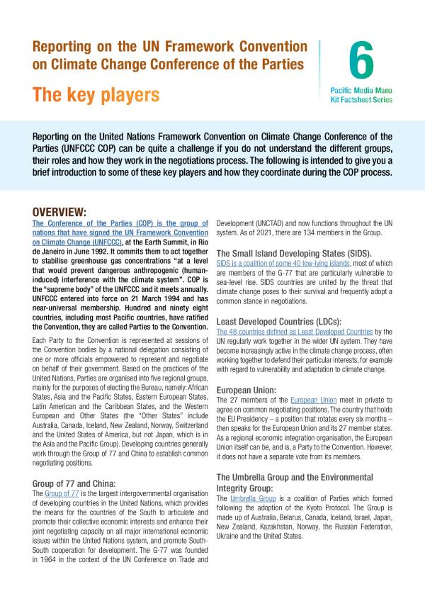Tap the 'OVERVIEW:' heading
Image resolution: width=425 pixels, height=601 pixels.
coord(69,211)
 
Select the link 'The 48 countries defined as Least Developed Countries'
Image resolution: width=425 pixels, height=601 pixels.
coord(293,331)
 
